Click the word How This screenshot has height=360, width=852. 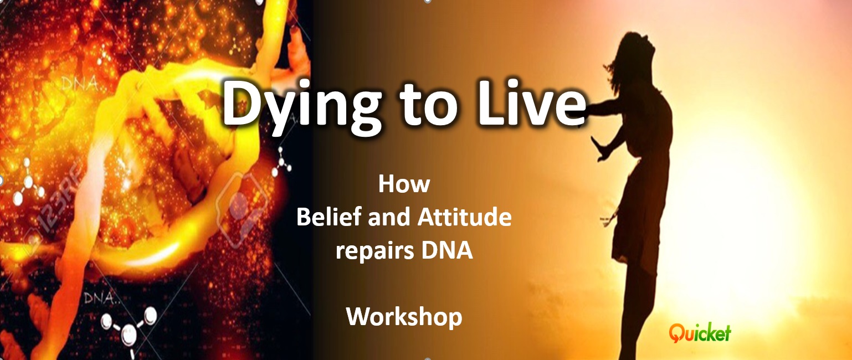pyautogui.click(x=404, y=184)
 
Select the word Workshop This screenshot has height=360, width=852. pyautogui.click(x=404, y=317)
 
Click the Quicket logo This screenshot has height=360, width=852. pyautogui.click(x=700, y=332)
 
